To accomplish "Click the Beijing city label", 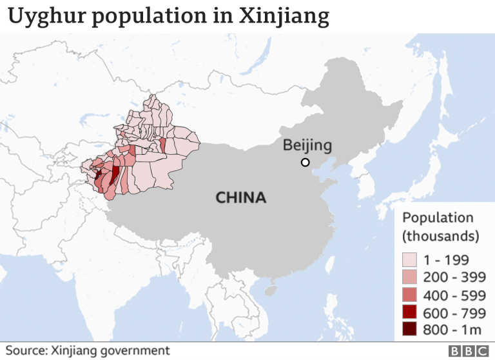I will tap(307, 145).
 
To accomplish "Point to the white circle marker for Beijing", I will tap(306, 162).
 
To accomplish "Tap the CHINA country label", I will tap(240, 197).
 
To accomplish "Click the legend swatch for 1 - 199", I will tap(410, 260).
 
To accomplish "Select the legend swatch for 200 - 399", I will tap(410, 277).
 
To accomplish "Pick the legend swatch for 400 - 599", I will tap(410, 295).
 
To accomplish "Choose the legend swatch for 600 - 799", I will tap(410, 312).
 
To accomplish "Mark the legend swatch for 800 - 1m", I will tap(410, 330).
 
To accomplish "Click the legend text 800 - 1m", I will tap(451, 330).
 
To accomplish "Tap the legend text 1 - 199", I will tap(447, 260).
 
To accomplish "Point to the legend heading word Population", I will tap(438, 218).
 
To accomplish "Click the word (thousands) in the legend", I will tap(441, 235).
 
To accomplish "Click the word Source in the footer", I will tap(26, 350).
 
